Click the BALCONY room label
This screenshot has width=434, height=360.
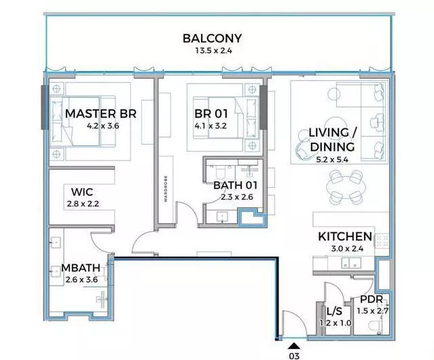pos(213,39)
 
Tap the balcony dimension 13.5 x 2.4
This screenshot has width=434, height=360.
pos(213,51)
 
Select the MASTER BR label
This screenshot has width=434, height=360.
pos(101,113)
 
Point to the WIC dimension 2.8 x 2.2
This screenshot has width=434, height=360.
pos(83,204)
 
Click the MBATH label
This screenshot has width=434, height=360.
pos(81,268)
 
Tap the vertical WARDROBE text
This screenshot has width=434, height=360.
pos(166,189)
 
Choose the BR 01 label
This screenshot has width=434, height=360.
pos(211,113)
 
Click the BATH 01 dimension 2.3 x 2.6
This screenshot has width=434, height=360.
pos(237,197)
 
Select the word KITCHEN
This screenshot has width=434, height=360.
pos(345,236)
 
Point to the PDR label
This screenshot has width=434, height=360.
pos(372,299)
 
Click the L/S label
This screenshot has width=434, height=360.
pos(334,312)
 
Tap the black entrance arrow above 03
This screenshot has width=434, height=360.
pos(294,346)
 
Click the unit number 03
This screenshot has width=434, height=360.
pos(294,356)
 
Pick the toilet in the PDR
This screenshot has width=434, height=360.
pos(376,325)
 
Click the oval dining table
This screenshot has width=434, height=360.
pos(346,188)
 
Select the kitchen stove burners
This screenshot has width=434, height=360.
pos(382,240)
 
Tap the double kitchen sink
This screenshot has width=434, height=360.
pos(350,263)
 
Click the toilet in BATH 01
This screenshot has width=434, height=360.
pos(221,173)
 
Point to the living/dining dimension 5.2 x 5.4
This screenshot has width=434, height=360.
pos(332,160)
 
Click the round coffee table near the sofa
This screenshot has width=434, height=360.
pos(333,94)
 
